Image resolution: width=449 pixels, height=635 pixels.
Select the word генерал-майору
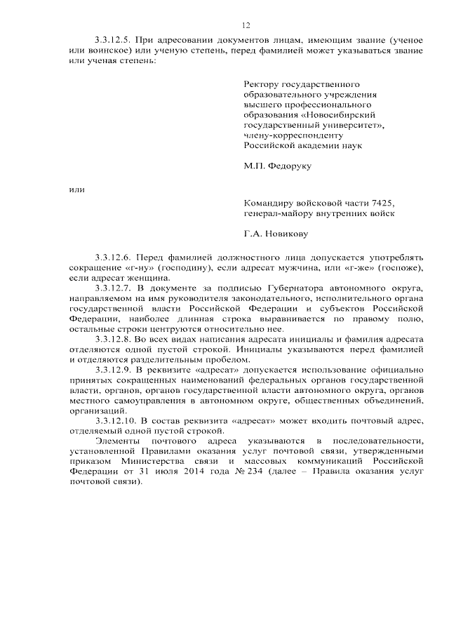pos(277,213)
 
